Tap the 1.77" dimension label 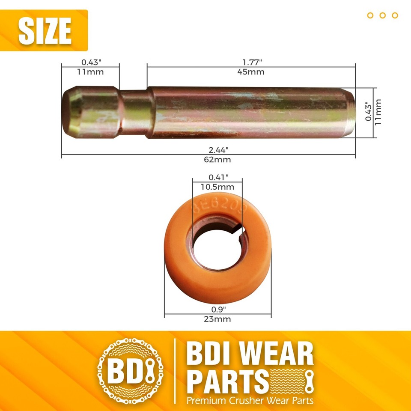[251, 63]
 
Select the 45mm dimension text [251, 72]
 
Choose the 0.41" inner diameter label [218, 177]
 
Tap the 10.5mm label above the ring [218, 187]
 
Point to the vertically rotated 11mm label [378, 112]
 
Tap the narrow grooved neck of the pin [134, 113]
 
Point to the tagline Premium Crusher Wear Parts [250, 401]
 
